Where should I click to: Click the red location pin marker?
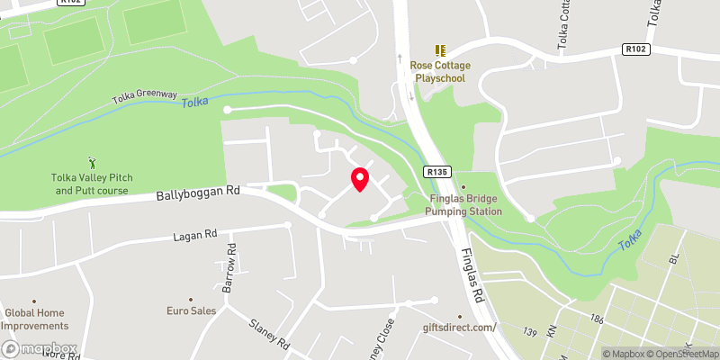coord(359,178)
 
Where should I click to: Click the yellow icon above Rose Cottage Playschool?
coord(440,50)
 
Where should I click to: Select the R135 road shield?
coord(437,170)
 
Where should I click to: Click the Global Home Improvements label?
coord(36,319)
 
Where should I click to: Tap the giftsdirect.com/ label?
coord(464,327)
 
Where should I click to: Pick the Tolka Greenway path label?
coord(144,96)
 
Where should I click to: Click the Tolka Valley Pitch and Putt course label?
coord(92,184)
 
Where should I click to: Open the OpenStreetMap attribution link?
coord(679,354)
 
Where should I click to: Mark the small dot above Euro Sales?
coord(190,300)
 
